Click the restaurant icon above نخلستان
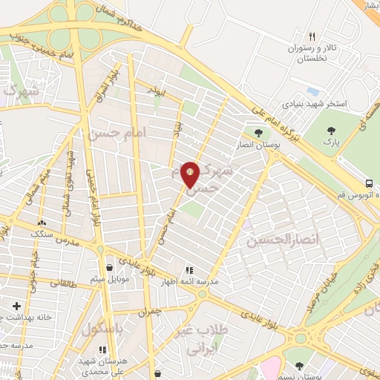312,36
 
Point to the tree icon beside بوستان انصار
258,133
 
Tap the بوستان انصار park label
259,146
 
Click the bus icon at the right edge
369,183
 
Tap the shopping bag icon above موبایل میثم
110,267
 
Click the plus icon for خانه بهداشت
16,305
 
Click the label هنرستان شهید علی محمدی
103,364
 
